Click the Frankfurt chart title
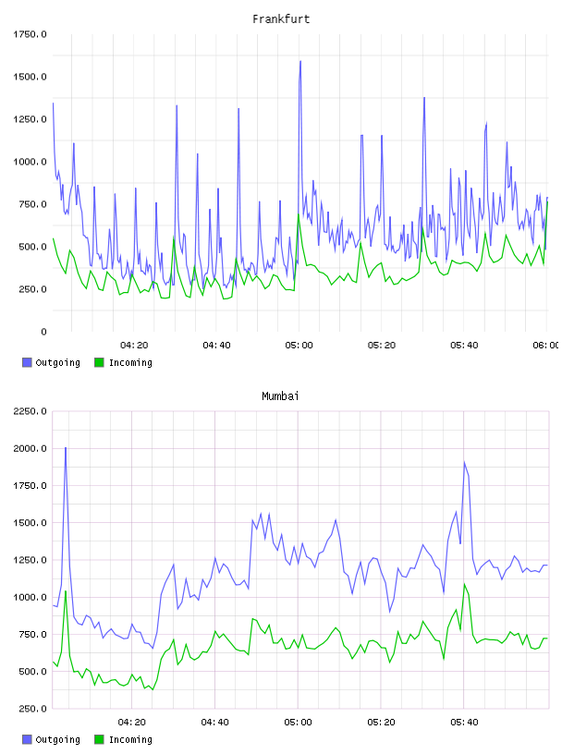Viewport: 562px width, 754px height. coord(281,19)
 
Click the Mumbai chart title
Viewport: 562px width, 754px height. coord(280,396)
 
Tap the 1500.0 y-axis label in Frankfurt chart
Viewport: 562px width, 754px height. coord(30,77)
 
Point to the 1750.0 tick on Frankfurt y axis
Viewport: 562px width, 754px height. coord(30,34)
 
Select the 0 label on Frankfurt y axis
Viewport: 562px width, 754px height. coord(43,332)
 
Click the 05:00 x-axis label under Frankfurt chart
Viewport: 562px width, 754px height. coord(299,346)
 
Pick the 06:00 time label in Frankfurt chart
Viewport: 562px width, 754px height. coord(546,346)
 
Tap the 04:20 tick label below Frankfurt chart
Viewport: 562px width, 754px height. coord(134,346)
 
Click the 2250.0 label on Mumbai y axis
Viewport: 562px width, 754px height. coord(30,411)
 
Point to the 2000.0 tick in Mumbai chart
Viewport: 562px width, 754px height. coord(30,449)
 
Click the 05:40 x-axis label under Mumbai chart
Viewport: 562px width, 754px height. coord(464,723)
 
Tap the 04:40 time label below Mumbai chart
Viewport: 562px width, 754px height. coord(214,723)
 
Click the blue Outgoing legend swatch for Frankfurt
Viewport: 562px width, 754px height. coord(27,362)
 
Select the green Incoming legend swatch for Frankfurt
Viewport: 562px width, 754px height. coord(99,362)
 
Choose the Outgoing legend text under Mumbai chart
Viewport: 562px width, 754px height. coord(57,739)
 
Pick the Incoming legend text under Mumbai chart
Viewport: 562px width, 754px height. coord(130,739)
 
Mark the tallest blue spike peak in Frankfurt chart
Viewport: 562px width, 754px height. coord(300,61)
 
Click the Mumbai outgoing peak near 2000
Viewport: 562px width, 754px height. coord(66,447)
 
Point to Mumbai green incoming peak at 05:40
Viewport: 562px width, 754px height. coord(464,584)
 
